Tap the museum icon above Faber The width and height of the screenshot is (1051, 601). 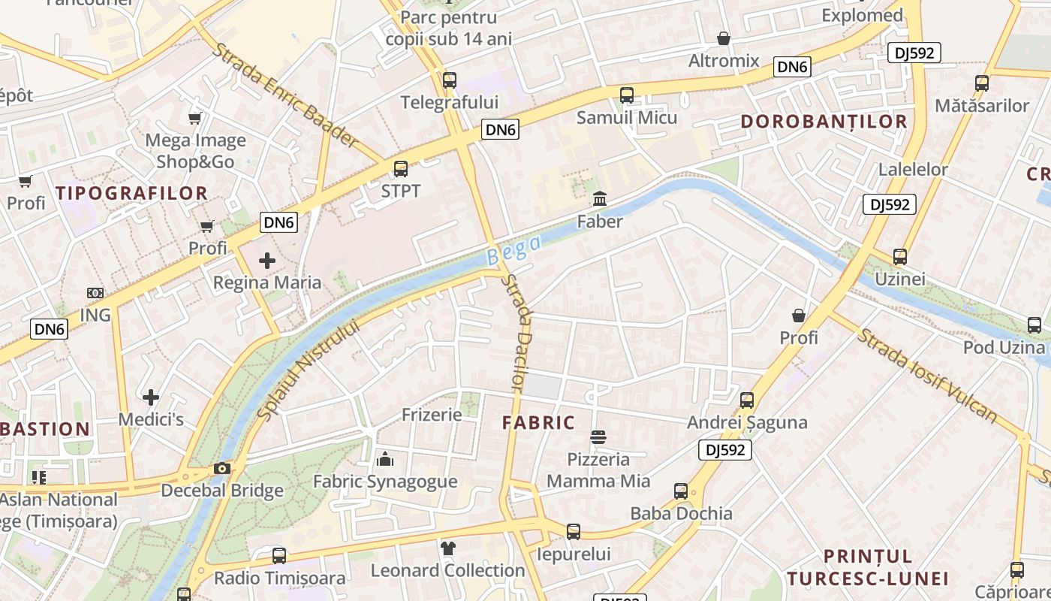600,199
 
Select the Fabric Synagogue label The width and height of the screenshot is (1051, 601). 384,482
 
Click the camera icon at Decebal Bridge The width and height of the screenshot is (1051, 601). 221,469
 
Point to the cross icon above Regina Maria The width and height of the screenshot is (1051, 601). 267,261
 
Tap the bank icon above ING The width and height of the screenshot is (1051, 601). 95,293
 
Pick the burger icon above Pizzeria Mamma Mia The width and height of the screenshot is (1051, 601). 598,436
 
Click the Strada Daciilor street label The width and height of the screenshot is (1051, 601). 515,333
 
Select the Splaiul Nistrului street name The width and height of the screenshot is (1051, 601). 309,369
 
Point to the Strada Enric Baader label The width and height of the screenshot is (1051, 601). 285,95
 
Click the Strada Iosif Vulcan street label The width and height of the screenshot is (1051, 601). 928,376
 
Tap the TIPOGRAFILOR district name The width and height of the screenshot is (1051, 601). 131,193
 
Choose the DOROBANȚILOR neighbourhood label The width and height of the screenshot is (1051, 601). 824,122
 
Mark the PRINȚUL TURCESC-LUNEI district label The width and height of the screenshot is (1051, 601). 868,567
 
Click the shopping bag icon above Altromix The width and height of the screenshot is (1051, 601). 724,38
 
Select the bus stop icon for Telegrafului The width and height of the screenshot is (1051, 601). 450,80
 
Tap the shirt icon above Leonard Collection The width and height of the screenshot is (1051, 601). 448,548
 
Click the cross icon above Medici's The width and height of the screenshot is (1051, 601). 151,397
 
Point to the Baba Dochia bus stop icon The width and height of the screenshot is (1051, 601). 681,491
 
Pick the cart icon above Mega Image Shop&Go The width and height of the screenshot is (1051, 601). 195,118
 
